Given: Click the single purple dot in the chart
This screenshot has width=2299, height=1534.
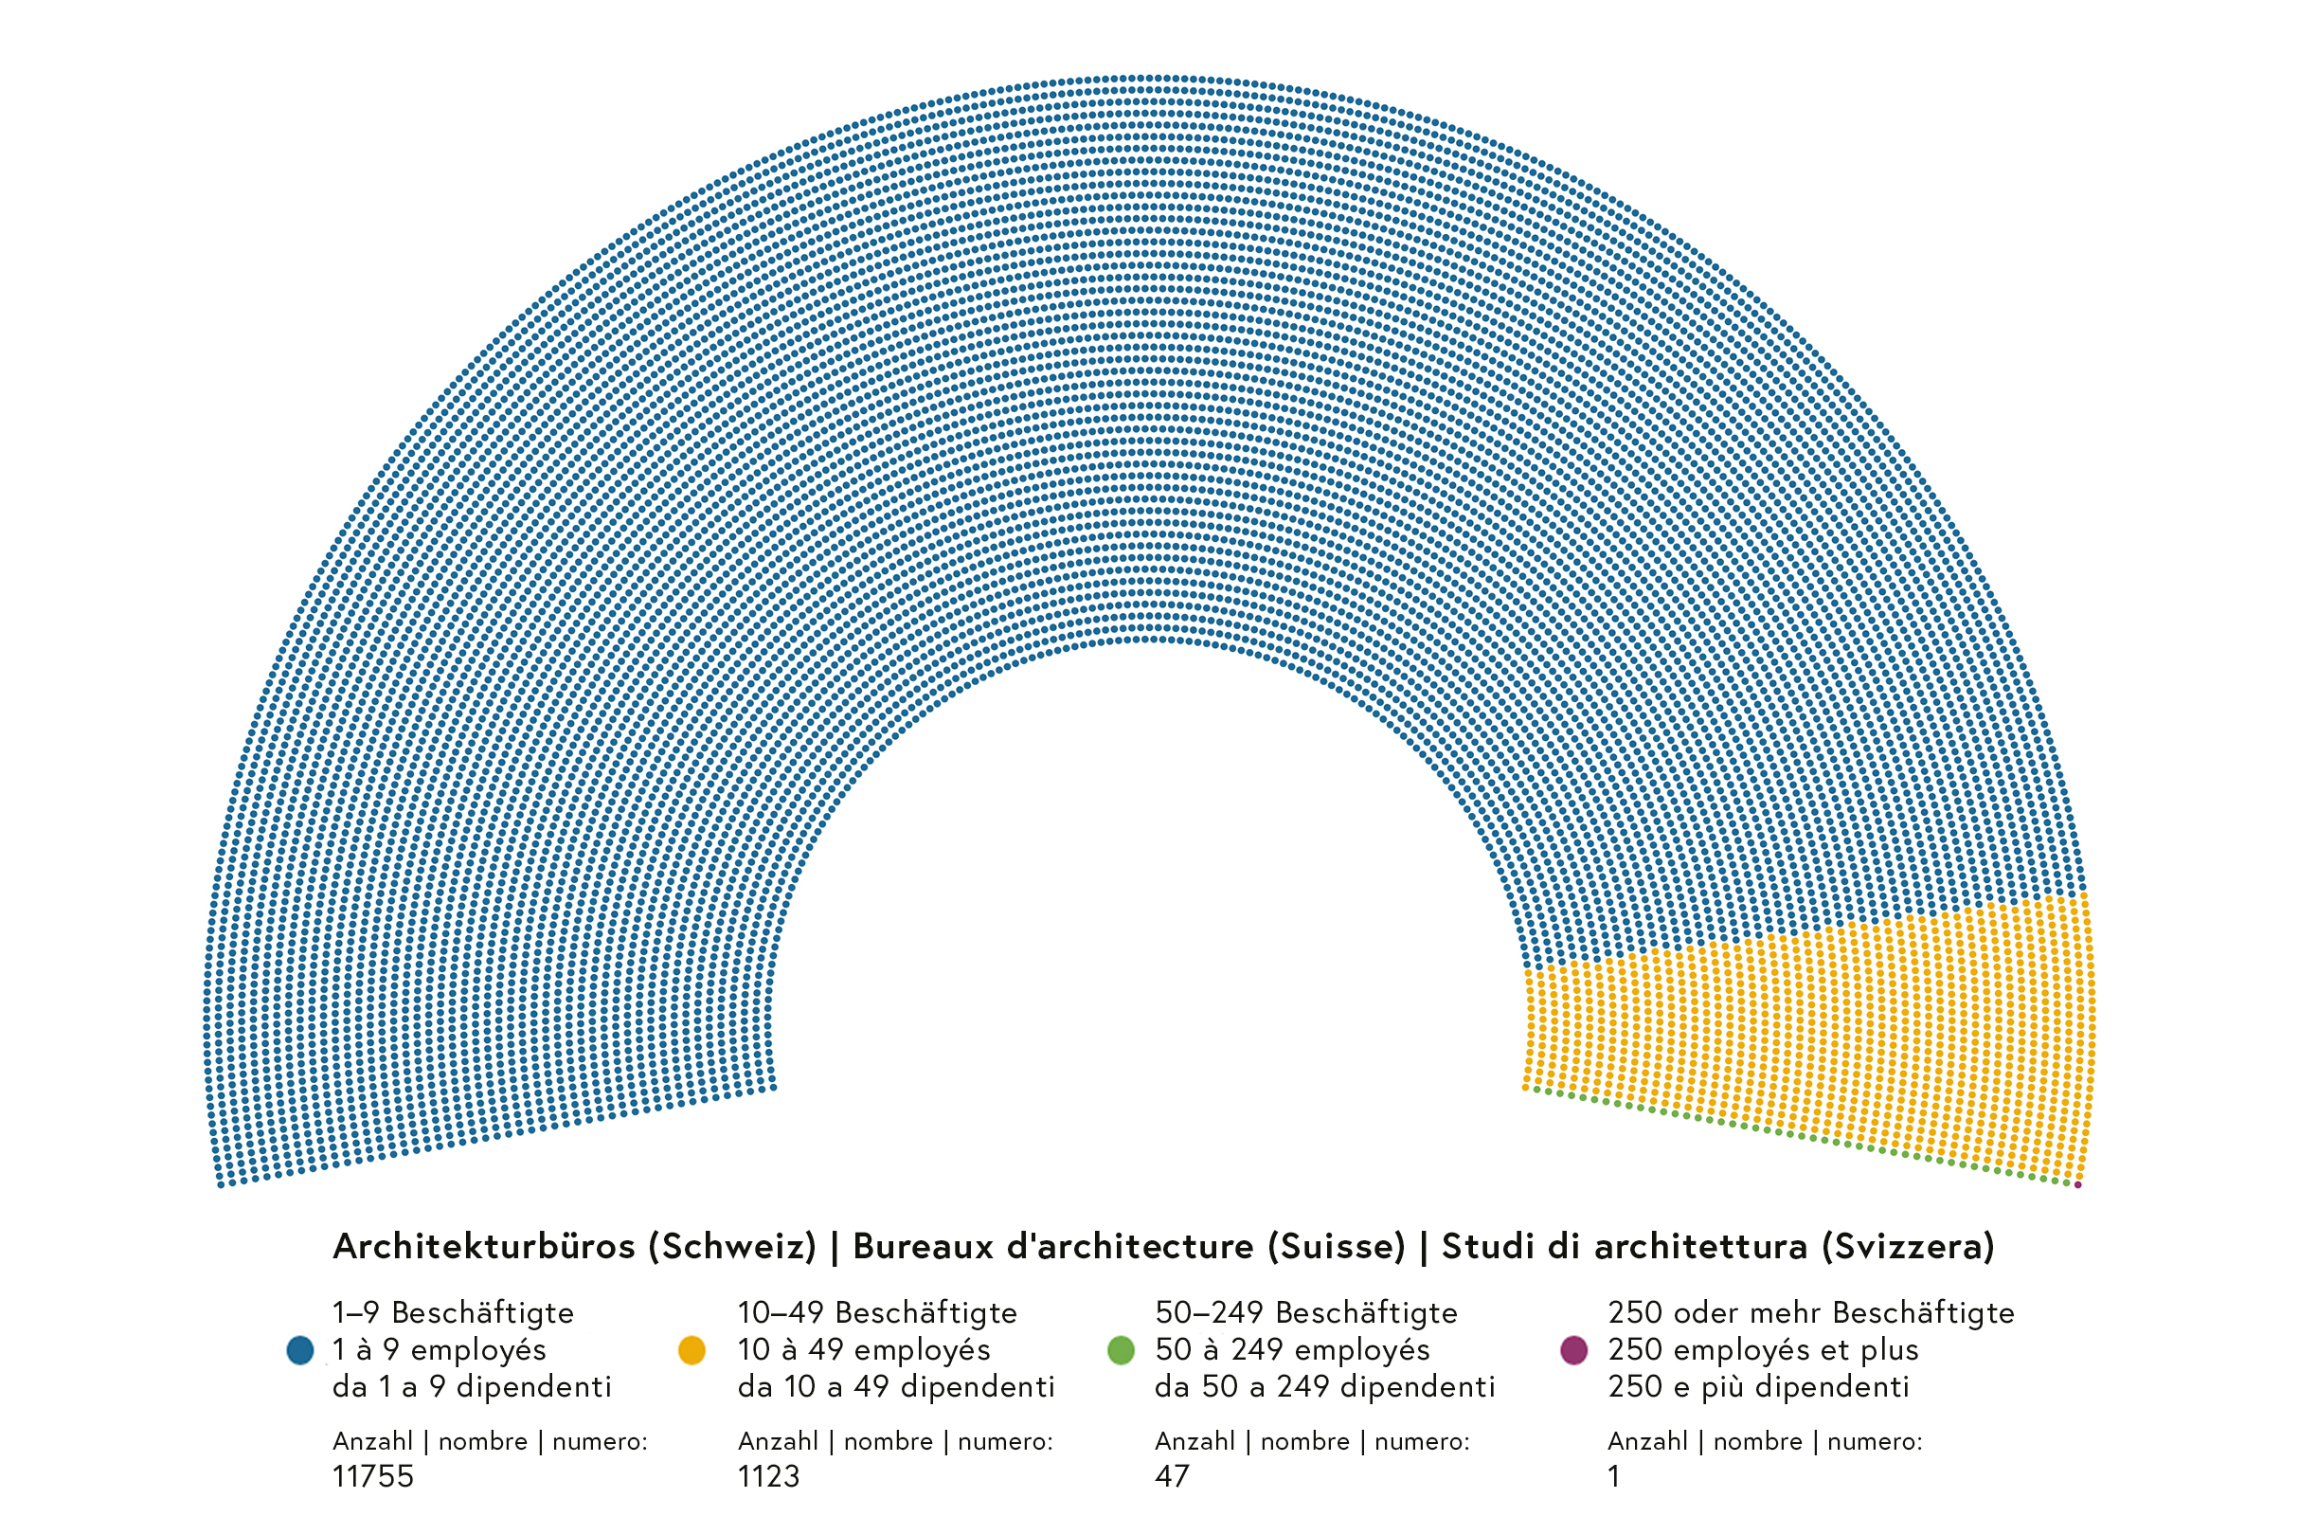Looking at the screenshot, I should pos(2078,1184).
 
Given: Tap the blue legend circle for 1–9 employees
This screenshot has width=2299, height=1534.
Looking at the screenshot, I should pos(300,1350).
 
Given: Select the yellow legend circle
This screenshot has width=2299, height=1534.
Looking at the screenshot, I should pos(691,1350).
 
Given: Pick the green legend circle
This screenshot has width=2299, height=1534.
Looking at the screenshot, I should pos(1121,1350).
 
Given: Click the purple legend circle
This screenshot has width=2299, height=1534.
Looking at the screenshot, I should pos(1573,1350).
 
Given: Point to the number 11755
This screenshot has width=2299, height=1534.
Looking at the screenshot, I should pos(372,1475).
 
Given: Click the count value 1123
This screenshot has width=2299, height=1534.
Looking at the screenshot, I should pos(768,1475).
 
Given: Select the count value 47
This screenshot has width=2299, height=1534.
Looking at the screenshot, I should pos(1172,1475).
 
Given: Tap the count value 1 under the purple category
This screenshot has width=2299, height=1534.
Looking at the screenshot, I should pos(1613,1475).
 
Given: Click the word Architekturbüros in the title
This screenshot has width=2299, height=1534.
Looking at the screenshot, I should pos(484,1246).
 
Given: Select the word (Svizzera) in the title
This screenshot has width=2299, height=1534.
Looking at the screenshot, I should pos(1908,1246).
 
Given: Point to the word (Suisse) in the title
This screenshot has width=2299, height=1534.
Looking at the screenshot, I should pos(1337,1246).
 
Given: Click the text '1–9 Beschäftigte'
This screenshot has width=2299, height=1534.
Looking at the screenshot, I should pos(453,1312).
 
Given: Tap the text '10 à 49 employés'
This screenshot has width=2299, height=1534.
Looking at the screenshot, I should pos(864,1349).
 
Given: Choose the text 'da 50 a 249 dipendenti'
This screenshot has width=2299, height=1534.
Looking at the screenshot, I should pos(1325,1386).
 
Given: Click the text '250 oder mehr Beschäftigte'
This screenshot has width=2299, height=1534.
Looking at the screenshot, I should pos(1811,1312).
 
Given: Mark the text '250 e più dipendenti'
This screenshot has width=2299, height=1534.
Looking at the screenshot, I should pos(1758,1386).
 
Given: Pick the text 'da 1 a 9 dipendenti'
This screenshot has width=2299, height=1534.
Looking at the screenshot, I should pos(473,1386).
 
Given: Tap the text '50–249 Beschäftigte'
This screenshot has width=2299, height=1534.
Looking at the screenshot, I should pos(1306,1312).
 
